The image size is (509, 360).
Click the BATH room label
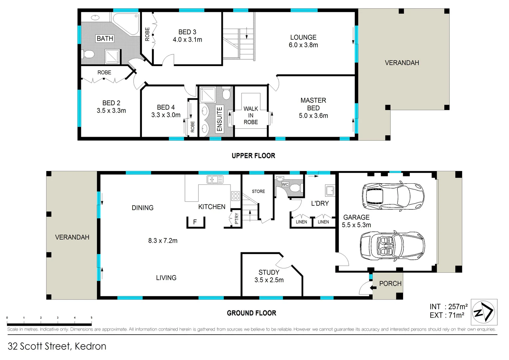(x=105, y=38)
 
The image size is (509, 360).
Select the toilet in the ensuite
(x=226, y=93)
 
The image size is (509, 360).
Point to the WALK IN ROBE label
(x=251, y=115)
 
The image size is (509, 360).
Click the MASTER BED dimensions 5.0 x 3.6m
(x=313, y=116)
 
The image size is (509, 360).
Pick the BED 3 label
(x=187, y=32)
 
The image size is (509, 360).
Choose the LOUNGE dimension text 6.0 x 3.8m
(x=303, y=45)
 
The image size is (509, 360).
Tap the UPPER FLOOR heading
(x=254, y=156)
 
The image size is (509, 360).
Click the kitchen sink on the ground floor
(x=215, y=179)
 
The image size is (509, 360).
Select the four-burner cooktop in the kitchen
(x=236, y=196)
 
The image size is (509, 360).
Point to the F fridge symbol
(x=195, y=222)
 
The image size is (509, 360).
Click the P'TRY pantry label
(x=237, y=219)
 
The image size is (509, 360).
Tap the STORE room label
(x=258, y=191)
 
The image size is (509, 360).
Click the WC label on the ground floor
(x=285, y=184)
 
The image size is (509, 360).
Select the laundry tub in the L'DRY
(x=330, y=190)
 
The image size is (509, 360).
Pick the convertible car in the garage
(x=392, y=246)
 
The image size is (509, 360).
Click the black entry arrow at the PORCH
(x=373, y=288)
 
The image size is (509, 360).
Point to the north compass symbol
(x=484, y=312)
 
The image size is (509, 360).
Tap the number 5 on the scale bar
(x=91, y=318)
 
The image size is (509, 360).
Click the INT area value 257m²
(x=458, y=307)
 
